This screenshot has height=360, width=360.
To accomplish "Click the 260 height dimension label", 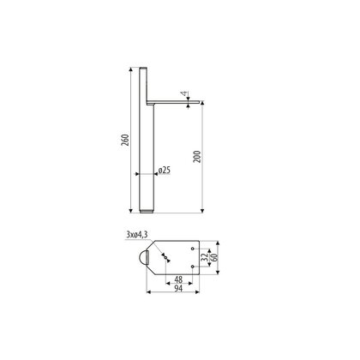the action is [x=125, y=140].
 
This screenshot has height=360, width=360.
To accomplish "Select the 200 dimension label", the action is [x=197, y=157].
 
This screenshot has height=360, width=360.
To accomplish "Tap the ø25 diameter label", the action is [x=165, y=171].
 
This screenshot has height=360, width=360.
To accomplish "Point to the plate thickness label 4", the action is [x=184, y=93].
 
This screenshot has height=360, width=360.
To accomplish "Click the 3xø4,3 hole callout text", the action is [x=137, y=235].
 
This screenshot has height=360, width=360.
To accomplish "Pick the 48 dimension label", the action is [x=178, y=279].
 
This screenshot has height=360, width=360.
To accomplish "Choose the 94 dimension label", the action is [x=178, y=288].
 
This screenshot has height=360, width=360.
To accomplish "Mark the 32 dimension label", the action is [x=205, y=257].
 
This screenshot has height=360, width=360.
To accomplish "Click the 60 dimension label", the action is [x=214, y=257].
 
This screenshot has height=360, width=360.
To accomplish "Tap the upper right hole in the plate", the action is [x=193, y=249].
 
